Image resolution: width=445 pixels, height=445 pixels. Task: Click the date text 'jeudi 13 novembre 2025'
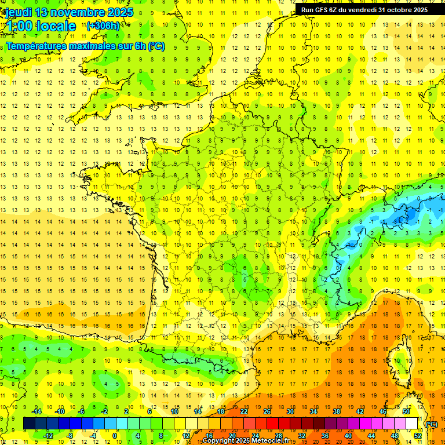68,12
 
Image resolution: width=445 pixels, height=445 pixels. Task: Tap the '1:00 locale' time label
41,26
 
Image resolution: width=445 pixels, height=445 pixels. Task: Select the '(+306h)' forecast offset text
103,25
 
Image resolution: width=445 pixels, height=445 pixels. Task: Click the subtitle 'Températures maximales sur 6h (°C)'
85,46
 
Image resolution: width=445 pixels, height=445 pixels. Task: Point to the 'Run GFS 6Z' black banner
364,10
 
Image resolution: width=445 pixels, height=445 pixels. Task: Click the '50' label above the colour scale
406,411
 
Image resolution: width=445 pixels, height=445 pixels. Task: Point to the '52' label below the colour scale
418,436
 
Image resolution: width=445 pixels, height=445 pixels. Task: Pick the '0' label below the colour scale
115,436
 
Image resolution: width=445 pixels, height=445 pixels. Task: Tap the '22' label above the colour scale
244,411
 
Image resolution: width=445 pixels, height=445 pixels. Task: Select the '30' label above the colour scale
290,411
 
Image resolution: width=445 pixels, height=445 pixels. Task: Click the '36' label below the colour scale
325,436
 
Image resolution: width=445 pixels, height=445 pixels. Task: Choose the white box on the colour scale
412,424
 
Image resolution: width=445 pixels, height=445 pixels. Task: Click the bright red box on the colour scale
273,424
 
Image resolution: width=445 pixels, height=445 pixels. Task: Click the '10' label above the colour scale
174,411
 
